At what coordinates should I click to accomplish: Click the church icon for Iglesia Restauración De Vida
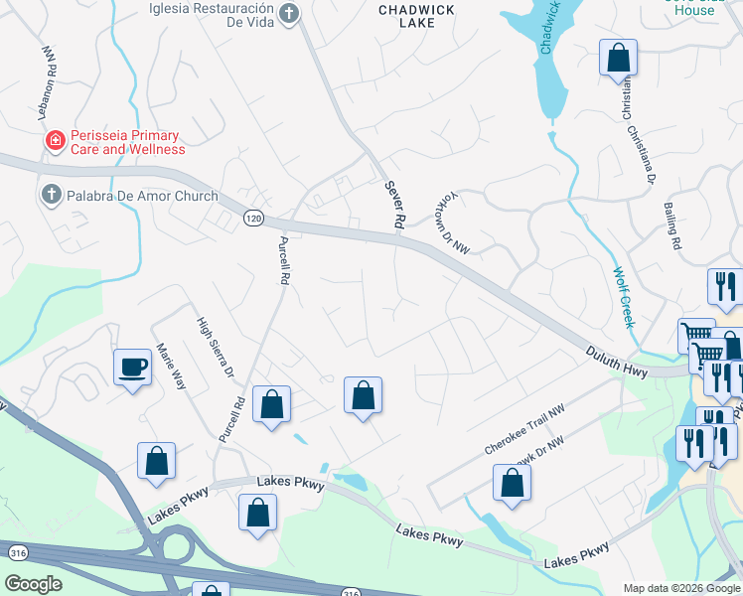click(x=288, y=14)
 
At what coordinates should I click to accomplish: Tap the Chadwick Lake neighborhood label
click(x=416, y=18)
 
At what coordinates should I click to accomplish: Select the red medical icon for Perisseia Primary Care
click(x=54, y=142)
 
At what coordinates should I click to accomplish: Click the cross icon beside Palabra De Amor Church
click(x=52, y=195)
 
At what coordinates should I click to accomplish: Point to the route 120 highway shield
click(x=253, y=217)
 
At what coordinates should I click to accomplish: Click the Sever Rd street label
click(x=394, y=206)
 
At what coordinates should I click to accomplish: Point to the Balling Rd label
click(x=674, y=226)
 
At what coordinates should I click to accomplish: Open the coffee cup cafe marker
click(x=132, y=367)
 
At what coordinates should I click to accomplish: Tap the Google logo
click(x=33, y=584)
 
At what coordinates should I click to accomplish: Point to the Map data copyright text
click(x=681, y=588)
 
